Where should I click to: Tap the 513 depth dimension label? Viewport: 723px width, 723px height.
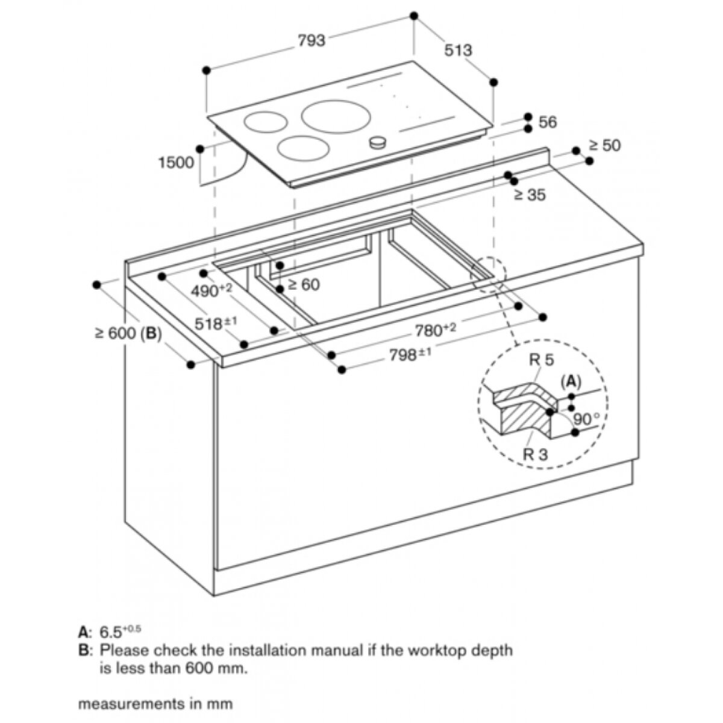point(459,50)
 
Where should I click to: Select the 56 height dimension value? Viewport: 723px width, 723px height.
point(548,122)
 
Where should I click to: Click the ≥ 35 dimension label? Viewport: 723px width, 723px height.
point(530,195)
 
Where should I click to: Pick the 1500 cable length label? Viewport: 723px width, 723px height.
point(176,162)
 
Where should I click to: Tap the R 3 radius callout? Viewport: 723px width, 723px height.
point(535,454)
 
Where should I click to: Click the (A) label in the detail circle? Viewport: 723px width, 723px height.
point(570,381)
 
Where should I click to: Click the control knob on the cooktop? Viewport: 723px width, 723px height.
point(378,142)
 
